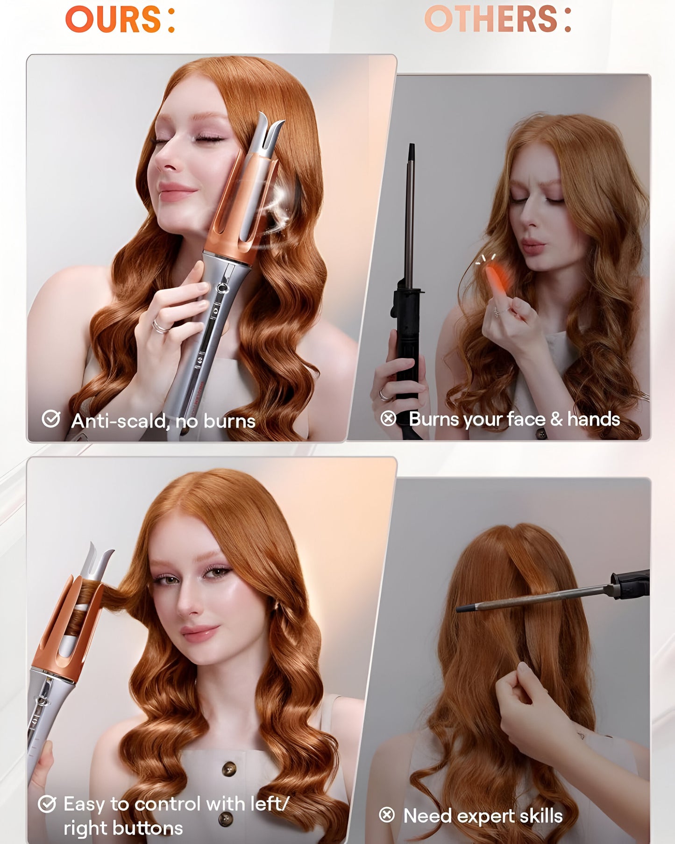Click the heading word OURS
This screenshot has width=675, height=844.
point(114,20)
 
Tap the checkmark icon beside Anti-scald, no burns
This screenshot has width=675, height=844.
point(50,419)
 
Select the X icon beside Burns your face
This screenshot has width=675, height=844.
point(388,418)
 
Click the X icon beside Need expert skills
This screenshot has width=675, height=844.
point(387,815)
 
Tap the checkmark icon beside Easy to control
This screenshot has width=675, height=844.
point(47,804)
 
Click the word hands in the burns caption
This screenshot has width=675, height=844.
point(593,419)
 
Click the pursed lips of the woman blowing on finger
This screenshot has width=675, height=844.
point(533,246)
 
